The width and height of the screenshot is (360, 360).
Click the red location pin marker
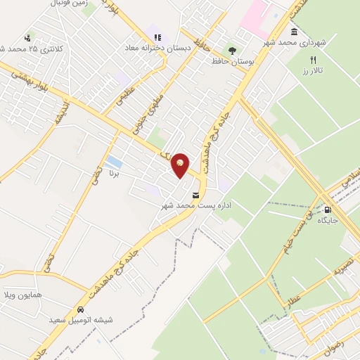coord(181,165)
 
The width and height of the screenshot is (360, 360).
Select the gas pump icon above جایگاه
coord(328,210)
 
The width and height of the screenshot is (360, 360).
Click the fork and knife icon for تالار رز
coord(314,60)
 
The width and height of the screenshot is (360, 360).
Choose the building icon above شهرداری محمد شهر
coord(293,32)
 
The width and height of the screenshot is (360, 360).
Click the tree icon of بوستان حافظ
coord(231,50)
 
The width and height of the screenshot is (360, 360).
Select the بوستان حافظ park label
coord(232,61)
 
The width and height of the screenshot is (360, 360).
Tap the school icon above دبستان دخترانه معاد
coord(156,37)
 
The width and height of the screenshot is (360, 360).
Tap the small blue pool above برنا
coord(113,162)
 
